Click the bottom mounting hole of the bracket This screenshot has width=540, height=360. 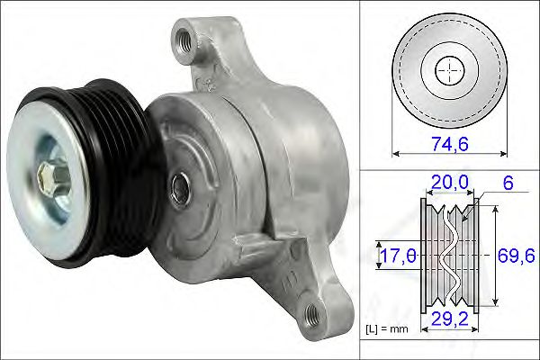point(312,312)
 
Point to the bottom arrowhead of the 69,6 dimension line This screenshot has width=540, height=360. point(498,303)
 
